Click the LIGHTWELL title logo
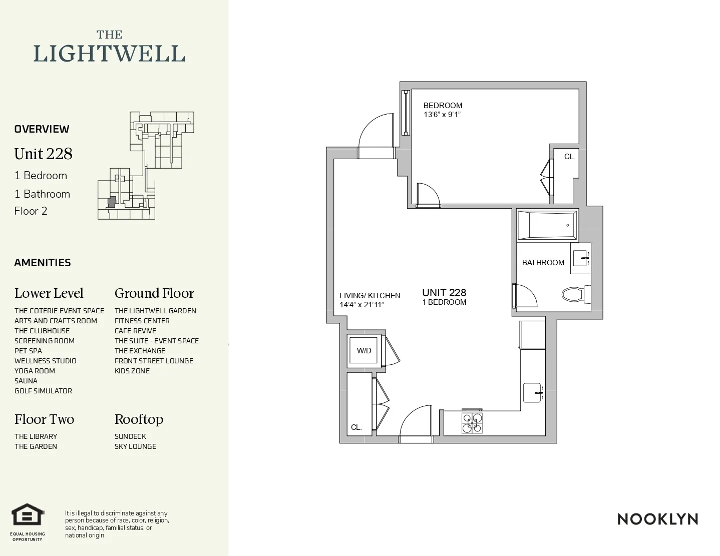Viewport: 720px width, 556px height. coord(109,49)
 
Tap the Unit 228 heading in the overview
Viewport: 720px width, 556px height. coord(44,154)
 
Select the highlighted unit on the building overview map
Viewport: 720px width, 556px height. coord(112,202)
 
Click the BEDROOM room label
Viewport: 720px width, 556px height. coord(443,106)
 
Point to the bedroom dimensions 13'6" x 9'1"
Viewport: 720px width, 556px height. coord(442,115)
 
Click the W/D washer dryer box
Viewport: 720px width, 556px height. coord(364,351)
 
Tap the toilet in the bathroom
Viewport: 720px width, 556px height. coord(573,294)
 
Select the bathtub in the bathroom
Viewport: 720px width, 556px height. coord(547,225)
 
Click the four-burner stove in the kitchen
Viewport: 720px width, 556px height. coord(472,423)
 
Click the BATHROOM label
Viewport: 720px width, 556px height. coord(543,263)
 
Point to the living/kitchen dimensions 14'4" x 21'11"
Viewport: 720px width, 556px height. coord(361,305)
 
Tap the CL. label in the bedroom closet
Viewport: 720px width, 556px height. coord(570,157)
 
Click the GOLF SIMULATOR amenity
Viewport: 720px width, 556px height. coord(43,391)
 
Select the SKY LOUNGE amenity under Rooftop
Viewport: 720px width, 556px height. coord(135,446)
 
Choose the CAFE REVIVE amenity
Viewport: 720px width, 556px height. coord(135,331)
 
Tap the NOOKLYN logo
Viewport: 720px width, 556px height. coord(657,519)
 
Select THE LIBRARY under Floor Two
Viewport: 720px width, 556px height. coord(36,436)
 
